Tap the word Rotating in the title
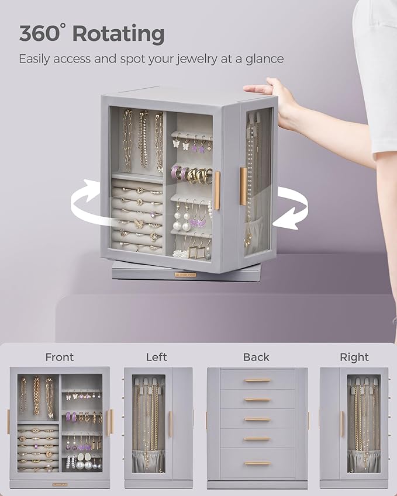118,34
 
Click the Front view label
60,357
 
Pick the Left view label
156,357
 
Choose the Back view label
256,357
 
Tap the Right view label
354,357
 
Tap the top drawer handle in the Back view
257,380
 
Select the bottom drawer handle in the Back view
257,463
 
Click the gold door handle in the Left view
170,424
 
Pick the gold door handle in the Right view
343,424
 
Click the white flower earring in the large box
178,254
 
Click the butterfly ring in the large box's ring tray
139,223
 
